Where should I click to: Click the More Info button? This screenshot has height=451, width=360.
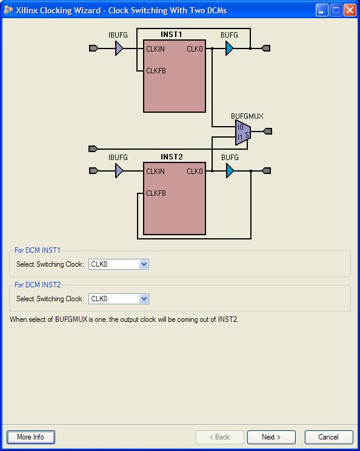[x=31, y=437]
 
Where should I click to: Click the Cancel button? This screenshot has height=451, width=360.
[x=328, y=437]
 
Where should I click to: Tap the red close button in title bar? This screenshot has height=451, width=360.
[x=350, y=10]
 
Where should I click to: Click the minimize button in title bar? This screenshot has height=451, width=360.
[x=322, y=10]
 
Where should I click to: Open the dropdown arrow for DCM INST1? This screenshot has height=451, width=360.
[x=144, y=264]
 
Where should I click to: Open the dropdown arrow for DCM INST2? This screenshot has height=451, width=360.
[x=144, y=299]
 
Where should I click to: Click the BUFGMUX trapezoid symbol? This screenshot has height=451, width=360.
[x=243, y=132]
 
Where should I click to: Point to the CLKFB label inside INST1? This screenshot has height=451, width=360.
[x=156, y=71]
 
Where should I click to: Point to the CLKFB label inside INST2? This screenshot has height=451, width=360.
[x=156, y=193]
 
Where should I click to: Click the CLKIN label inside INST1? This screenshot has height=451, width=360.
[x=155, y=49]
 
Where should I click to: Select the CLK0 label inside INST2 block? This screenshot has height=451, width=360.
[x=195, y=172]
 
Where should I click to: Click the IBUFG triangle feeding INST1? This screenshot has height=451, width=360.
[x=119, y=48]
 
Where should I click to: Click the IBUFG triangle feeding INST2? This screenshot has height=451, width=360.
[x=119, y=170]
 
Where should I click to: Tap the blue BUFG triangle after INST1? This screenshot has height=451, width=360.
[x=229, y=48]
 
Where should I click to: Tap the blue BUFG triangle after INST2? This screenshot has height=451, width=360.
[x=230, y=171]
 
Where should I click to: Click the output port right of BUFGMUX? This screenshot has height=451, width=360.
[x=268, y=132]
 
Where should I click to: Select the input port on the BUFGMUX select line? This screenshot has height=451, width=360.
[x=93, y=149]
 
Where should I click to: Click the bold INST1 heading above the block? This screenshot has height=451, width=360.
[x=171, y=35]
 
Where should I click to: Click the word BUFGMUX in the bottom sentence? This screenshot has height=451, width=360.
[x=71, y=319]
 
